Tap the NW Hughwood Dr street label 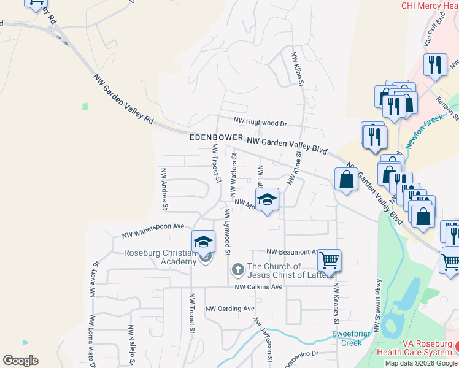[260, 122]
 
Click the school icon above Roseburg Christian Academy [204, 242]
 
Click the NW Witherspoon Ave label [153, 230]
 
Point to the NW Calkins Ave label [258, 287]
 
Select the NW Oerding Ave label [229, 309]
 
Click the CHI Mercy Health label [430, 6]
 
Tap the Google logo [20, 360]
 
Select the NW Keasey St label [336, 304]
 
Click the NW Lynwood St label [227, 231]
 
